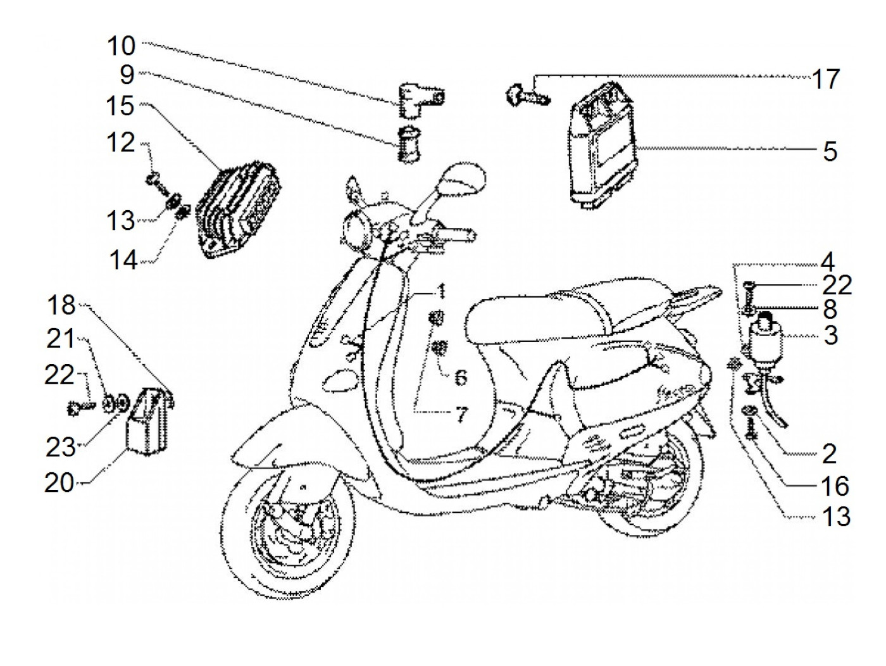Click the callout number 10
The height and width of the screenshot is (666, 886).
tap(120, 46)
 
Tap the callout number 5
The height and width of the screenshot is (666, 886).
tap(830, 151)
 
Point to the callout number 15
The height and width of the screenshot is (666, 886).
tap(120, 106)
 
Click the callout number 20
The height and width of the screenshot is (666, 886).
tap(59, 484)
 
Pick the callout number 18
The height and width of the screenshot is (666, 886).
tap(61, 306)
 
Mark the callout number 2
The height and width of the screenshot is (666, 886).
tap(829, 454)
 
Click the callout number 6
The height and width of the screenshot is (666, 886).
tap(461, 378)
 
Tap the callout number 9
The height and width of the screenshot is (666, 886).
tap(127, 75)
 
